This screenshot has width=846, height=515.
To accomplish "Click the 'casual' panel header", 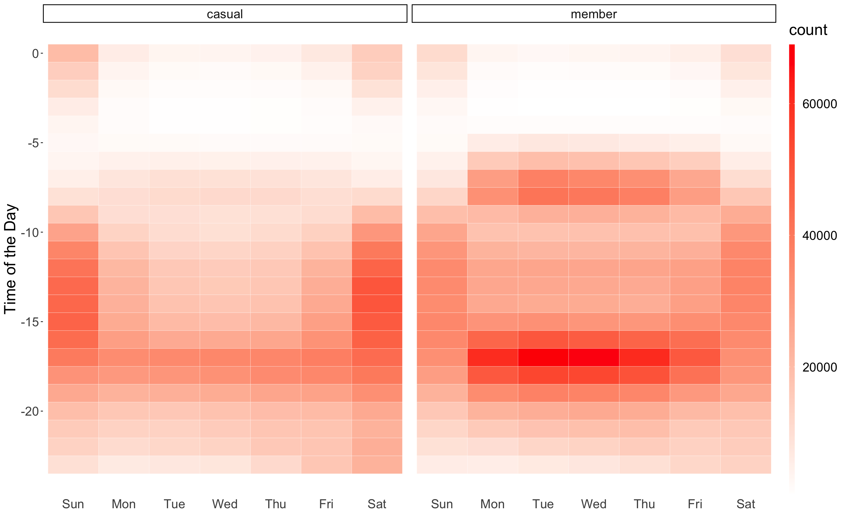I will [x=225, y=14].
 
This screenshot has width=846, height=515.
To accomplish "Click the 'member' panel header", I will [x=594, y=14].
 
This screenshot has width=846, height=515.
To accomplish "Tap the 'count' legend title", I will [x=808, y=30].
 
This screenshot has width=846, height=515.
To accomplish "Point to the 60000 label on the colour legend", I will [x=819, y=104].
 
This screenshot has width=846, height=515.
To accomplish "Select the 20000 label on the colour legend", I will [x=819, y=367].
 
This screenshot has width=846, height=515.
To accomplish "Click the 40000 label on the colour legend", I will [x=819, y=236].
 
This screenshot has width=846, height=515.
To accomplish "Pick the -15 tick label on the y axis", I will [x=30, y=322].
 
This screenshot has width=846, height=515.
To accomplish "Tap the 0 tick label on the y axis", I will [x=35, y=53].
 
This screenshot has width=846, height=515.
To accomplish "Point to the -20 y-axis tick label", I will [x=30, y=411].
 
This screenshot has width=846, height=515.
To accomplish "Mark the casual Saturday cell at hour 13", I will [x=377, y=286].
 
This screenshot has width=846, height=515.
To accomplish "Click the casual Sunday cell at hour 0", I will [x=73, y=53].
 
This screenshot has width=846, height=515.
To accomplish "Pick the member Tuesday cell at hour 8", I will [x=543, y=196].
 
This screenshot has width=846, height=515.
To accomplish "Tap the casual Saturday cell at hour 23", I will [x=377, y=464].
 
